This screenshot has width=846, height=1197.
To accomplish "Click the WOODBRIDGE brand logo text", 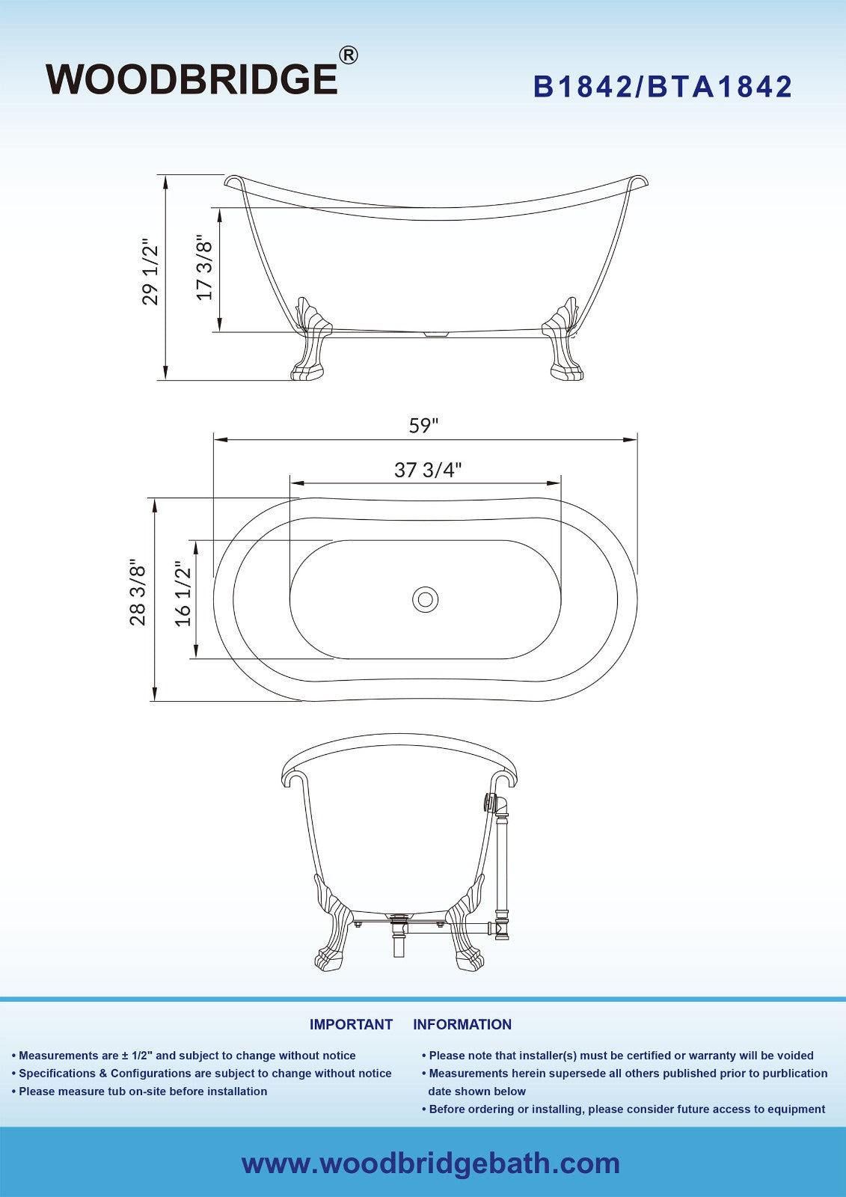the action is tap(191, 79).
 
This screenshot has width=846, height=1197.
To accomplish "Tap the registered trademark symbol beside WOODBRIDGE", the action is tap(349, 55).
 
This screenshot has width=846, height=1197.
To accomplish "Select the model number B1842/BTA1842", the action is tap(663, 87).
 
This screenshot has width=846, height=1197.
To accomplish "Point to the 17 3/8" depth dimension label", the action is tap(205, 267).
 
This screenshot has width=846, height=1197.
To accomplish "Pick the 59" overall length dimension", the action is tap(423, 426).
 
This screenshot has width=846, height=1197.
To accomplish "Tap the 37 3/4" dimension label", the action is tap(428, 471).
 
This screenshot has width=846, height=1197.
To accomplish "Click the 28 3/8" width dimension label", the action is tap(138, 592).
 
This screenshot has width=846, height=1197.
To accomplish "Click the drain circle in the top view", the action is tap(426, 599).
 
